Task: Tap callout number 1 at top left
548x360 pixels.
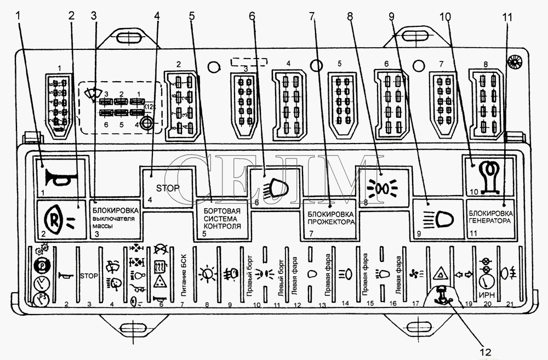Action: click(20, 16)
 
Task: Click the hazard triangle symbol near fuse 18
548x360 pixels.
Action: click(439, 272)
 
